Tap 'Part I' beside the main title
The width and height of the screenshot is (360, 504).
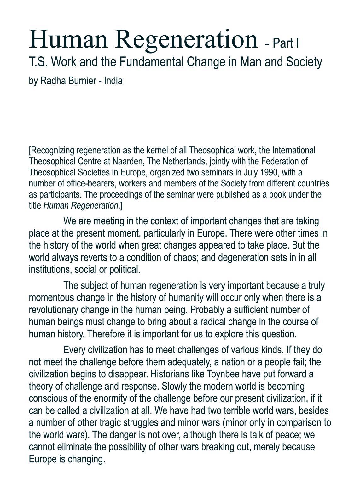[286, 43]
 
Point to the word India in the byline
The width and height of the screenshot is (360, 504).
[113, 81]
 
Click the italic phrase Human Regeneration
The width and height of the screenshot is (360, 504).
[80, 206]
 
